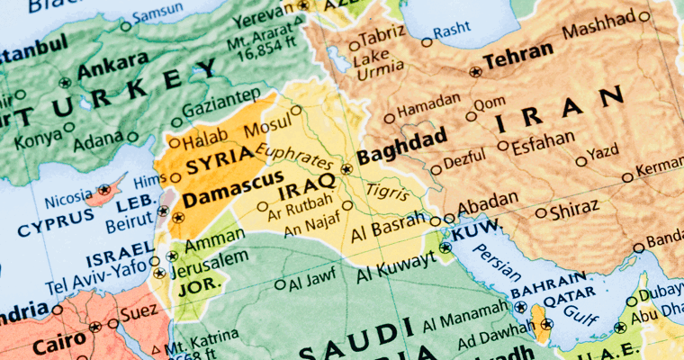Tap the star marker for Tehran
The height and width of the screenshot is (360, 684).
(x=474, y=70)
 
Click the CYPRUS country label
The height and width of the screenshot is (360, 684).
(x=56, y=227)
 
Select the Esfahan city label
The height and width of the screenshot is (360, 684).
(x=543, y=142)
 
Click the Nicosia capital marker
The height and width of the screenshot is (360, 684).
(x=105, y=189)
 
